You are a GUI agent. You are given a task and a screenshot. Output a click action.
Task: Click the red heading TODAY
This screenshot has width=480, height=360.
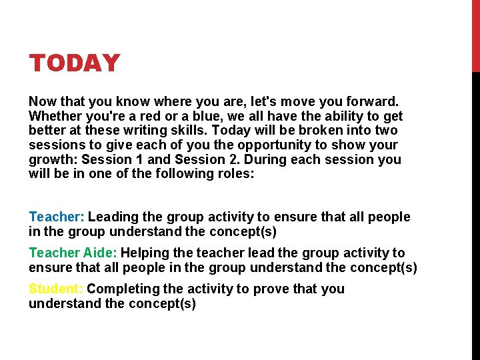74,63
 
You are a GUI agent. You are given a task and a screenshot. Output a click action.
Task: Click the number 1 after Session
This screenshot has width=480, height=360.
138,160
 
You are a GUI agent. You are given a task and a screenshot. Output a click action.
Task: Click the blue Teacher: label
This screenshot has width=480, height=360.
56,217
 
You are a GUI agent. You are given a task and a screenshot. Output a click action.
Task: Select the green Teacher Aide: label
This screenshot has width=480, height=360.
73,253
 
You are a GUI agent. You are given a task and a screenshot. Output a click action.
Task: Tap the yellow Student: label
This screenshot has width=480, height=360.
55,289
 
